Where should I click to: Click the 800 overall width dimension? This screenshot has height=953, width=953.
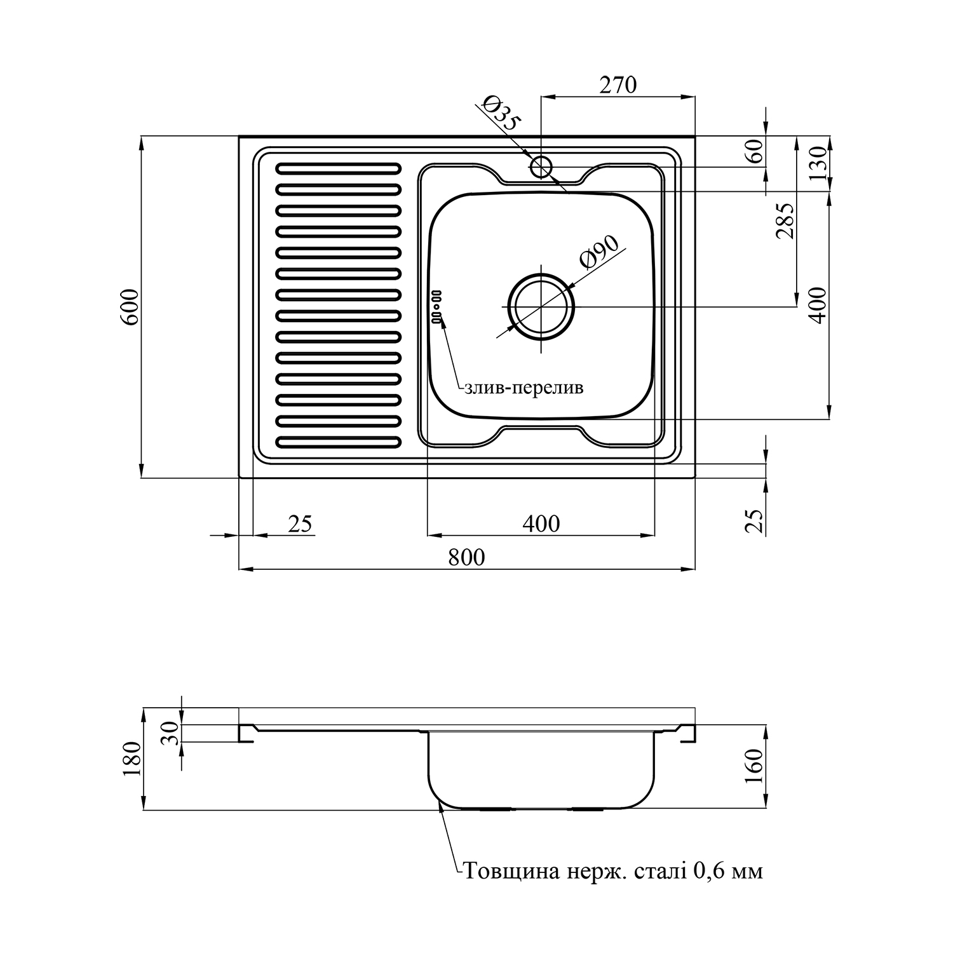click(x=466, y=557)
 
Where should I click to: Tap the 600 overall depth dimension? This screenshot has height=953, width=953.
click(x=130, y=308)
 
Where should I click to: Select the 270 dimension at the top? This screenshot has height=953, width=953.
click(x=618, y=84)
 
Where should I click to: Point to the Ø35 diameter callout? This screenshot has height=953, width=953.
click(x=501, y=113)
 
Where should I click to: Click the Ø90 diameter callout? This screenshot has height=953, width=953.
click(x=598, y=252)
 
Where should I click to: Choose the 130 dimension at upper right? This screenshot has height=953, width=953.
click(x=819, y=163)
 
